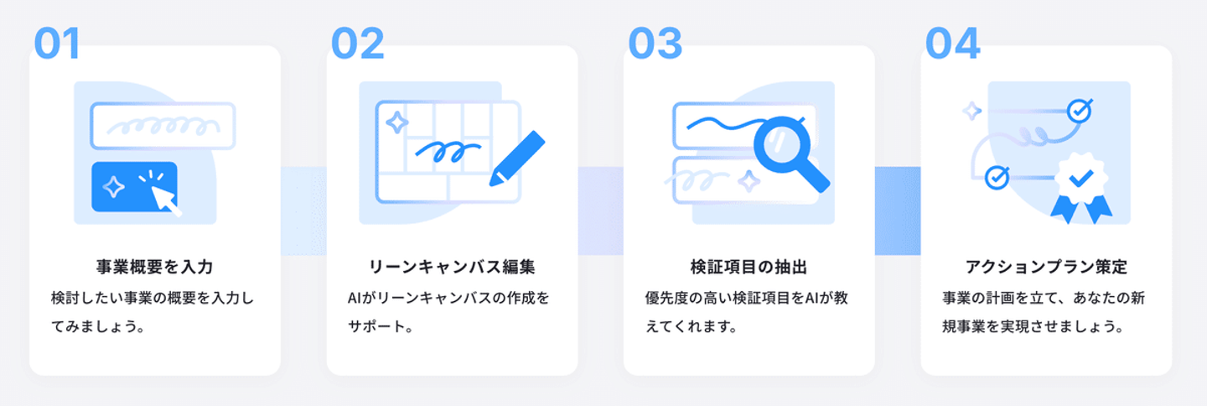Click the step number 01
(57, 44)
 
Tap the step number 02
(357, 44)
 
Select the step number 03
(655, 44)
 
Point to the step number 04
(953, 44)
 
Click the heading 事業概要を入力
(155, 268)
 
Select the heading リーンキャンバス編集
(452, 268)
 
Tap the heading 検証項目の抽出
(749, 268)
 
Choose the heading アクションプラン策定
(1046, 268)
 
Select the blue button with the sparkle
(134, 186)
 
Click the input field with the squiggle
(163, 126)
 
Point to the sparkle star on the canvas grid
(396, 122)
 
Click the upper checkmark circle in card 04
(1078, 110)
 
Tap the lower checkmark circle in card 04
(996, 177)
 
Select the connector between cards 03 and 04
(898, 211)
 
